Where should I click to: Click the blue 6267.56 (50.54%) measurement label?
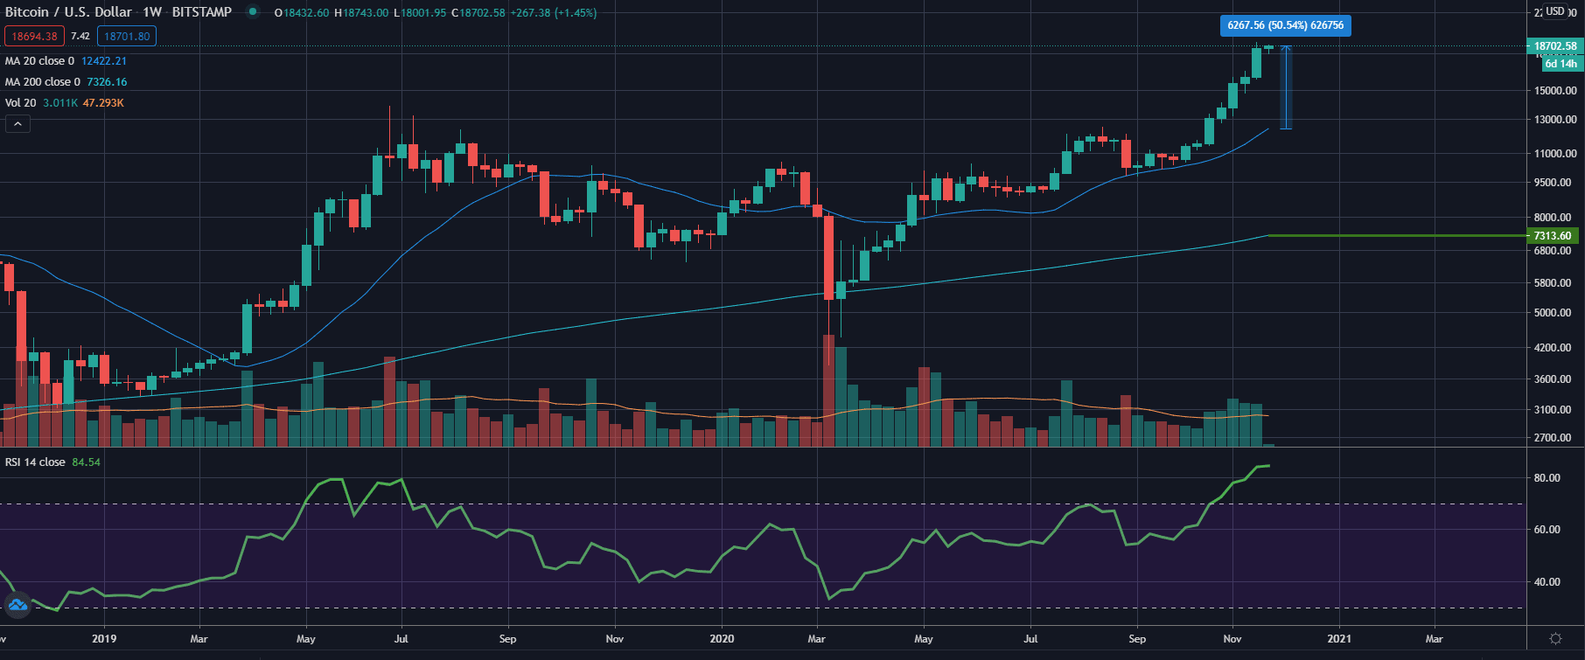pyautogui.click(x=1285, y=25)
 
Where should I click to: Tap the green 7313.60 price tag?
pyautogui.click(x=1553, y=236)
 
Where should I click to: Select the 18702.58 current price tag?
pyautogui.click(x=1555, y=46)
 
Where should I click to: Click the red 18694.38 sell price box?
pyautogui.click(x=34, y=37)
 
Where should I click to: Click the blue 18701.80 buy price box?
pyautogui.click(x=127, y=37)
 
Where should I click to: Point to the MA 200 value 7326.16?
pyautogui.click(x=107, y=82)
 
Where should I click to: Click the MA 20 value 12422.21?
pyautogui.click(x=103, y=61)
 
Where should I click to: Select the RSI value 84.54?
pyautogui.click(x=86, y=462)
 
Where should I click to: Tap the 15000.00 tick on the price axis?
pyautogui.click(x=1555, y=91)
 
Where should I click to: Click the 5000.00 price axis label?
pyautogui.click(x=1553, y=313)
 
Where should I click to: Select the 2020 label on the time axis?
pyautogui.click(x=722, y=639)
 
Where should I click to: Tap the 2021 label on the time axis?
pyautogui.click(x=1338, y=639)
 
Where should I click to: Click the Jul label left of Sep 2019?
pyautogui.click(x=401, y=639)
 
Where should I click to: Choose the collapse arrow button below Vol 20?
pyautogui.click(x=17, y=124)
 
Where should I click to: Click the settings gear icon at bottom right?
pyautogui.click(x=1555, y=639)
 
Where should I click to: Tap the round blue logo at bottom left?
pyautogui.click(x=17, y=604)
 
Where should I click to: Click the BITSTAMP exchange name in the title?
pyautogui.click(x=202, y=12)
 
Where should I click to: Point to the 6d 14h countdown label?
pyautogui.click(x=1561, y=64)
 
